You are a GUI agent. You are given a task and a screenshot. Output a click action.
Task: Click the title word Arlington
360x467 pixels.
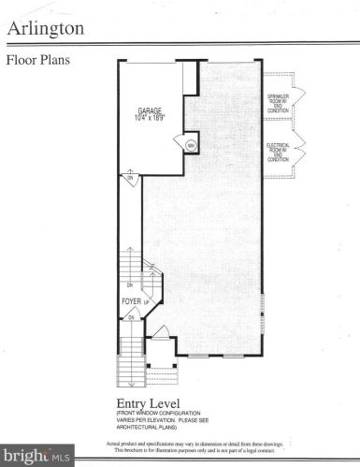46,29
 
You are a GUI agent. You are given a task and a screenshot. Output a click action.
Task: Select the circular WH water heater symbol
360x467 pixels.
190,145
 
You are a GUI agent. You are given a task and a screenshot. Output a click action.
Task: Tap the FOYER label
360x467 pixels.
131,301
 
